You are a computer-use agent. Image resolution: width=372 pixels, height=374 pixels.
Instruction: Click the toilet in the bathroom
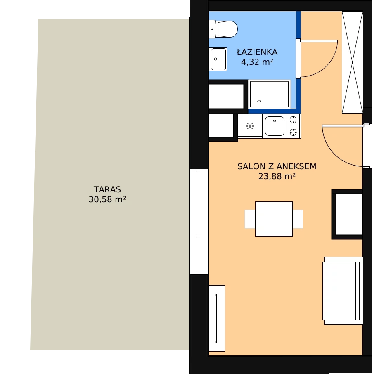click(x=223, y=29)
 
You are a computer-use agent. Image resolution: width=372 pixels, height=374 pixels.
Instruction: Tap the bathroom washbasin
click(x=218, y=59)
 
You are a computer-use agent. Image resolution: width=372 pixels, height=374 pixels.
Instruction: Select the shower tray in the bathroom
click(x=269, y=94)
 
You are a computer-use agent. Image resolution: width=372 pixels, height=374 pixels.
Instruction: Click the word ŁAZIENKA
click(x=257, y=52)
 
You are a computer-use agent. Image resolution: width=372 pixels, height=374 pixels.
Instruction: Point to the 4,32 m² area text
click(x=257, y=62)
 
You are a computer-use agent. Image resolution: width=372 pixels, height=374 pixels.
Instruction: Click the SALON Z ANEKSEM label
click(x=277, y=166)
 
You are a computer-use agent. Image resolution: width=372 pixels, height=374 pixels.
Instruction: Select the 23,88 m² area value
click(x=277, y=176)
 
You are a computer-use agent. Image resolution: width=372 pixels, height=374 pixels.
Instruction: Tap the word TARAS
click(x=107, y=189)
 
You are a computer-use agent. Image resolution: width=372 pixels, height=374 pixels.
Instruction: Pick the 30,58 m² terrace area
click(x=107, y=199)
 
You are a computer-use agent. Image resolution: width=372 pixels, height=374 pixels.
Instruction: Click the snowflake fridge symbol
click(x=250, y=126)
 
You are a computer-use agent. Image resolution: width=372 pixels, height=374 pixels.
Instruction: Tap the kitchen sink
click(x=275, y=126)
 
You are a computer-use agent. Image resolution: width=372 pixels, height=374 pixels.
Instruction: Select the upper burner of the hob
click(x=293, y=119)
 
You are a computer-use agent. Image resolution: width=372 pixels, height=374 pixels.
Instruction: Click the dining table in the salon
click(x=274, y=219)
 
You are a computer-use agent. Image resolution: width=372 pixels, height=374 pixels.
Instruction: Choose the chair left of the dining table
click(x=250, y=219)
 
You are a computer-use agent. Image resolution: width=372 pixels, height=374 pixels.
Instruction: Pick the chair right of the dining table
click(x=298, y=219)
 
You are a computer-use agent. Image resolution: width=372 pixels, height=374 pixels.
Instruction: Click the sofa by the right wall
click(x=342, y=291)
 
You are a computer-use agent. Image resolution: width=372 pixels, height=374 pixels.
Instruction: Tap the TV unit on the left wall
click(x=217, y=318)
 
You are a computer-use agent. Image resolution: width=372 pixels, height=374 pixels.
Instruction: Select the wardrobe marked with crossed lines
click(x=352, y=62)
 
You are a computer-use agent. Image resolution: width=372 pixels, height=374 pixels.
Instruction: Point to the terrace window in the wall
click(x=199, y=222)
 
